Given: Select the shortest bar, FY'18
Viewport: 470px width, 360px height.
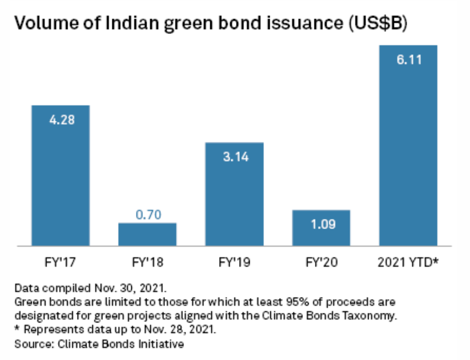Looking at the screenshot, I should [x=147, y=234].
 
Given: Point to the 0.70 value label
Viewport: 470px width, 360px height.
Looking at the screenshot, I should [x=148, y=215].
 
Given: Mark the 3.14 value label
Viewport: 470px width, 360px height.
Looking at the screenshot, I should [x=235, y=157].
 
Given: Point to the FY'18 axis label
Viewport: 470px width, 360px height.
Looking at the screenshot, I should [x=147, y=263].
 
